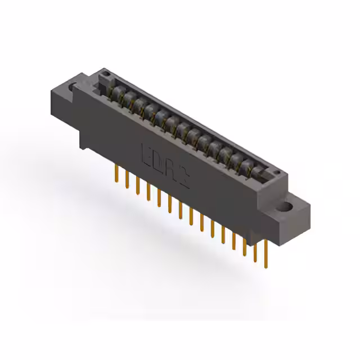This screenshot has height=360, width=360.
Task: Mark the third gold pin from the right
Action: click(x=245, y=243)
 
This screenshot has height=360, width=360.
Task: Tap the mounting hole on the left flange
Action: click(x=71, y=87)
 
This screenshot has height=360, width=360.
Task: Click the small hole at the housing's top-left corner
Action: click(x=103, y=74)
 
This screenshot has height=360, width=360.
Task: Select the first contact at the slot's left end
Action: click(x=115, y=91)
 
